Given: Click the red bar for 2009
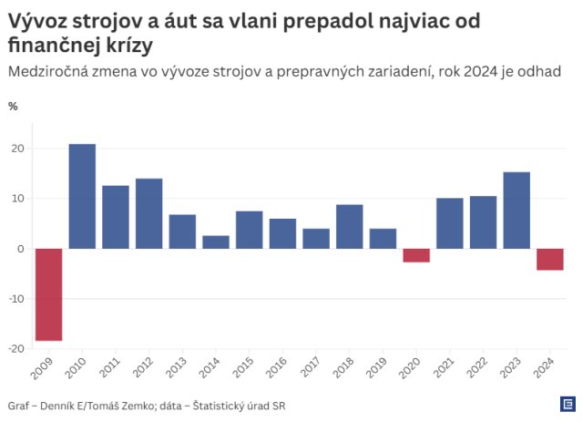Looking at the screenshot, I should [x=48, y=294].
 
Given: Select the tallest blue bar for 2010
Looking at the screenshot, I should [x=82, y=196].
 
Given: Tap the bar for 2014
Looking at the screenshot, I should [x=216, y=242].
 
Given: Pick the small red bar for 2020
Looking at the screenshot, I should [x=416, y=255].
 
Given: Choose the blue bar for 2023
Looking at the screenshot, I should [x=517, y=210].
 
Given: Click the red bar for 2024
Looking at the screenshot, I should [x=549, y=259].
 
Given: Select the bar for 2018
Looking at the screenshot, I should [x=349, y=226].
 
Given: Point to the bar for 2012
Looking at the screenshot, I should [x=148, y=213].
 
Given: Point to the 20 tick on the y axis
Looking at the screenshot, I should [x=17, y=149].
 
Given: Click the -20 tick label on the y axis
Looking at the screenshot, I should [x=15, y=348].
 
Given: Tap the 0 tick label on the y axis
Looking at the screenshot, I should [x=21, y=249].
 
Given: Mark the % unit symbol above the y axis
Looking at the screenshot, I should [x=13, y=106].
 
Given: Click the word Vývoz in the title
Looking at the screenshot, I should [x=39, y=19].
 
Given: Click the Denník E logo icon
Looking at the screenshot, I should [x=566, y=404].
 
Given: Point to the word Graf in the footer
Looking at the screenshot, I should [x=19, y=405].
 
